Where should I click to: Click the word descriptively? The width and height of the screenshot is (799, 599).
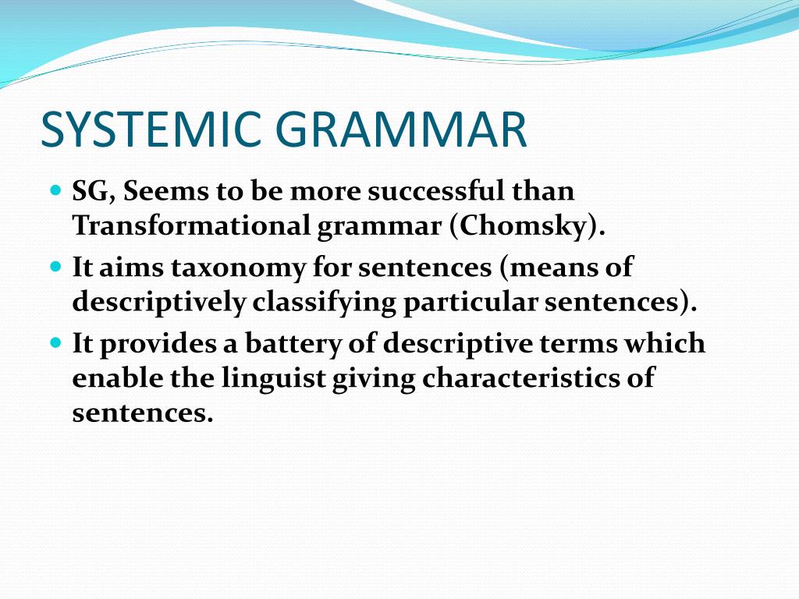point(158,303)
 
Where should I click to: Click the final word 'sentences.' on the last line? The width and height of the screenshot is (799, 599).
point(143,413)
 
